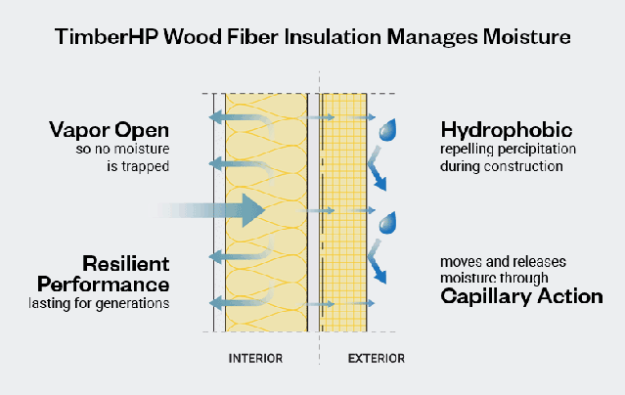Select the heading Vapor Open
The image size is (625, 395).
(x=110, y=130)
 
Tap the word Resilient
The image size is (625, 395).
(x=126, y=264)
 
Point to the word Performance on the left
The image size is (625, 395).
(x=104, y=284)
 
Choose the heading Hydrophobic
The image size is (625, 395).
(x=507, y=130)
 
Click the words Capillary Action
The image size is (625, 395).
(x=521, y=295)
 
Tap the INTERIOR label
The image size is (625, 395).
(x=255, y=358)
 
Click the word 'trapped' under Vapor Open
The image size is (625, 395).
(x=144, y=166)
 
